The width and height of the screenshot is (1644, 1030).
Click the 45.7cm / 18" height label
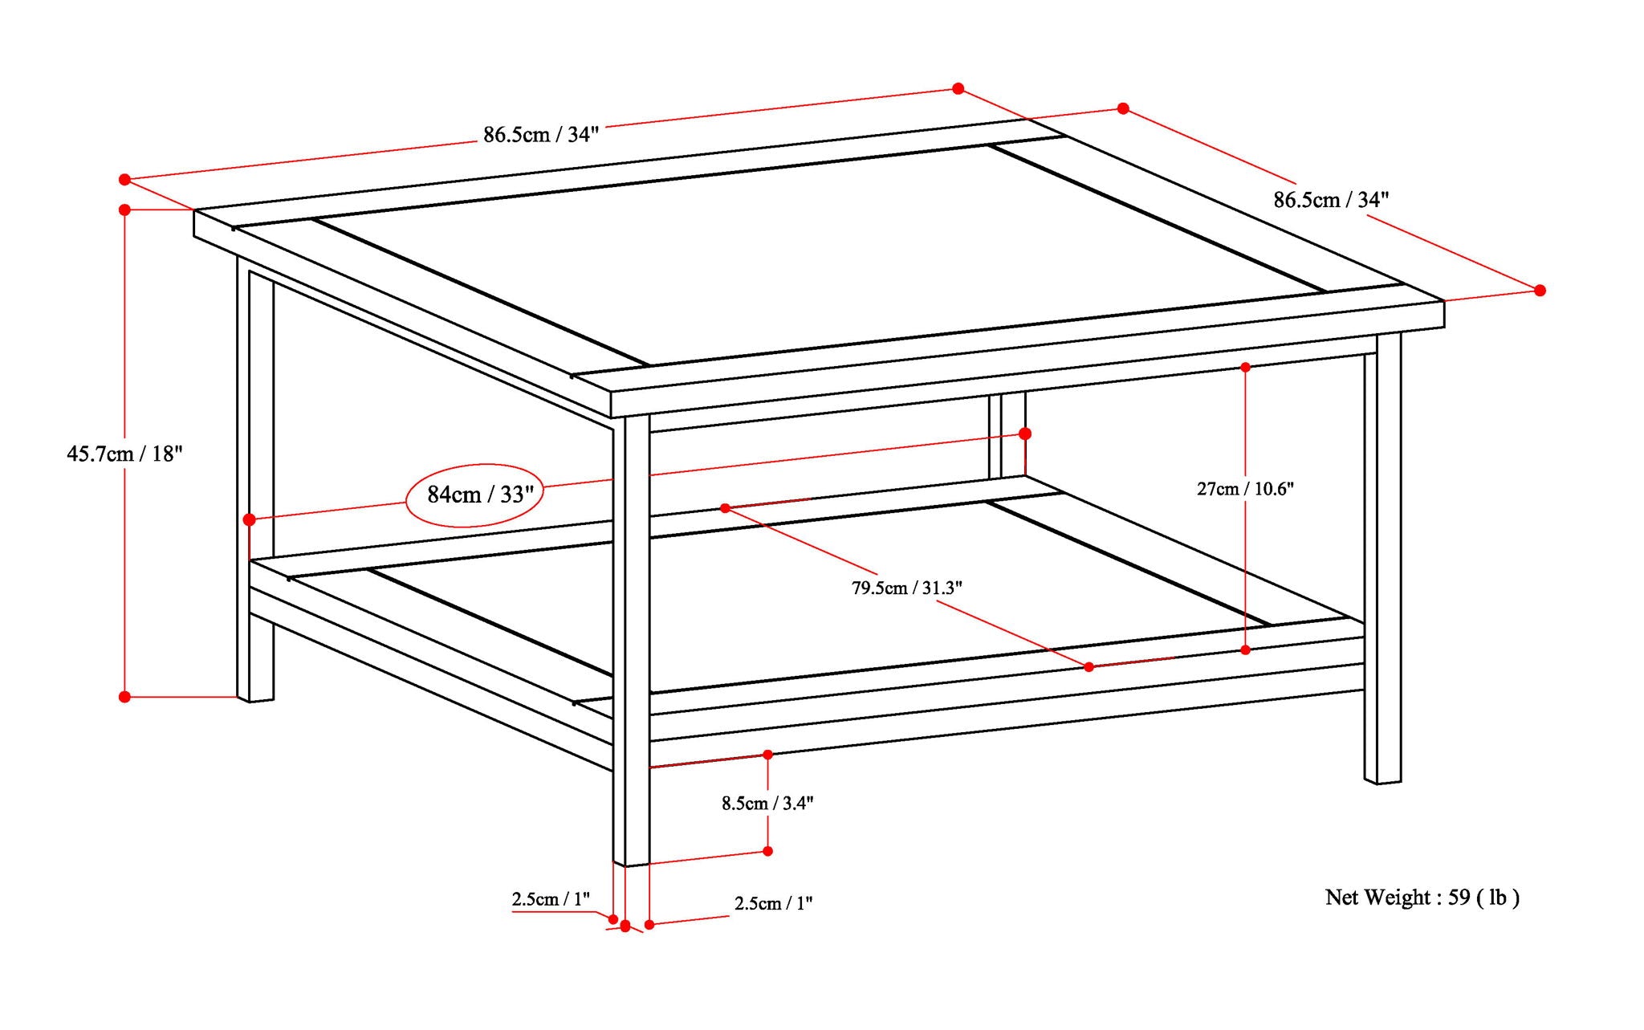[124, 454]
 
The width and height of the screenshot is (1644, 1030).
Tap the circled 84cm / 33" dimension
[475, 495]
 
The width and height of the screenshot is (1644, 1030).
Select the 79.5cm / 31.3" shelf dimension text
[906, 588]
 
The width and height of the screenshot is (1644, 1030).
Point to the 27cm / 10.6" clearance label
[1245, 489]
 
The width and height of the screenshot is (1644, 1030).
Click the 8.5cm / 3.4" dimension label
[767, 804]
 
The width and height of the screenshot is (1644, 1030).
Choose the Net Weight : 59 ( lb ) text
[1422, 898]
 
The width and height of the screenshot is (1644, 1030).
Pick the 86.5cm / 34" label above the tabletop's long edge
[541, 135]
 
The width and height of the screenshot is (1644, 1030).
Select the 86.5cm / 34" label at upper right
[1331, 200]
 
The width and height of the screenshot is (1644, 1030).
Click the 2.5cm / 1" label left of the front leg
[551, 899]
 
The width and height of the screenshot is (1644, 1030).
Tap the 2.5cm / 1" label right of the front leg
[773, 904]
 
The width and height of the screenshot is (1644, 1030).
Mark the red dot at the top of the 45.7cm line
[124, 210]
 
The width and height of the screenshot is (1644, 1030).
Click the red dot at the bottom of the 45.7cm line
[124, 697]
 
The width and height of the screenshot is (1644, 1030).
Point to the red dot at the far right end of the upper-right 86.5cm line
[1540, 291]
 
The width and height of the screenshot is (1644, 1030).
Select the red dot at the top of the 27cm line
[1245, 367]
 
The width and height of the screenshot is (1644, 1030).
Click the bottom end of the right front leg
[1382, 780]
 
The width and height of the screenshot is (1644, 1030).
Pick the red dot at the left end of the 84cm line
[250, 519]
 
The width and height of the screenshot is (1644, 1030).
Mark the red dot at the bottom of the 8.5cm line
[767, 851]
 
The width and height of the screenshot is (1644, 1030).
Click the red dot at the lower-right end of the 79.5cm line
[1089, 667]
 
